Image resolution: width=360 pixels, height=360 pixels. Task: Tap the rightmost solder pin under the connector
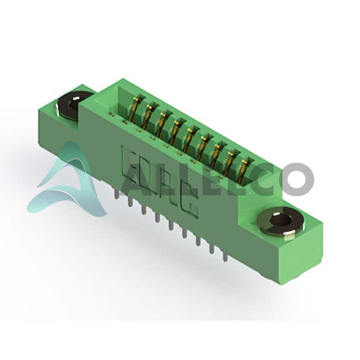[x=224, y=256]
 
